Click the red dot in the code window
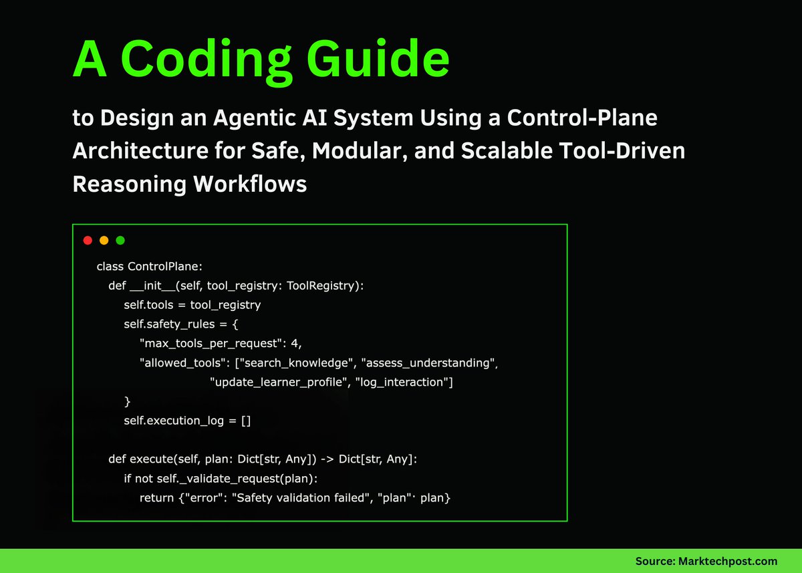click(88, 241)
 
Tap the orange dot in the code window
click(104, 241)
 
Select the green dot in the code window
click(120, 241)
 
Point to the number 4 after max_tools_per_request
click(295, 344)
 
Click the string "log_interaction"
click(404, 382)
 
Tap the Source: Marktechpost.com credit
click(706, 561)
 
